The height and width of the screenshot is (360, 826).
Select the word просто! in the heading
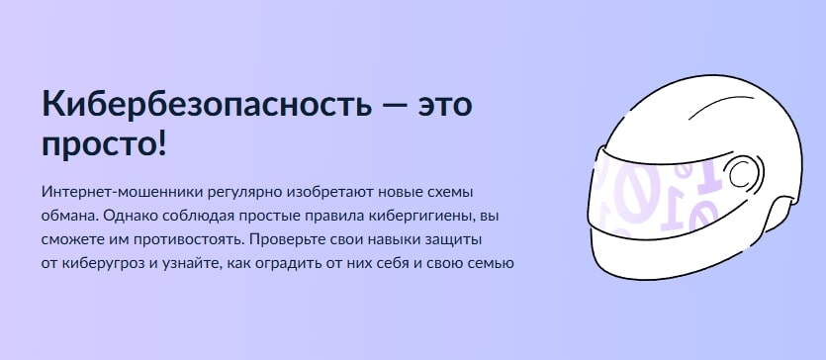tap(104, 144)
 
